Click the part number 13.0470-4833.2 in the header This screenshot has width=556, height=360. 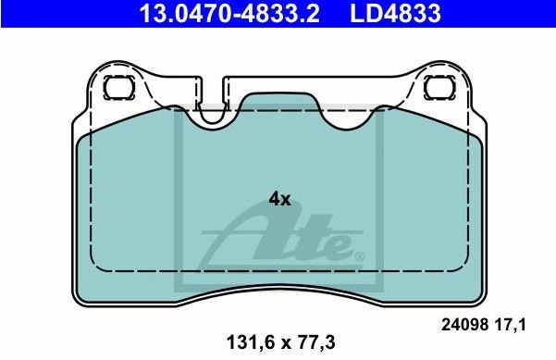(x=229, y=13)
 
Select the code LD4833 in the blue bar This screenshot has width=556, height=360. (x=395, y=13)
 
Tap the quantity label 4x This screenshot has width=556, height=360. (x=279, y=199)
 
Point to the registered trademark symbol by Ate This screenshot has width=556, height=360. (x=359, y=256)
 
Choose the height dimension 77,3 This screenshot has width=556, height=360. (x=317, y=342)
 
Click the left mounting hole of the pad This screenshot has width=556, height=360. (x=119, y=87)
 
